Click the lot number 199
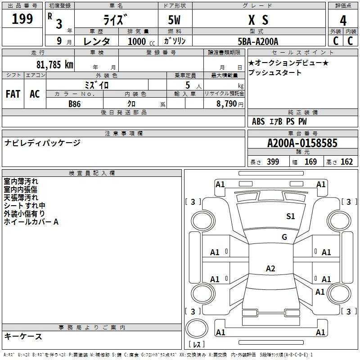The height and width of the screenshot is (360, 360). tap(22, 19)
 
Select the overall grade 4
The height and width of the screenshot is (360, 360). tap(343, 21)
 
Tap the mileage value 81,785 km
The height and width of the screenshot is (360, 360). tap(55, 65)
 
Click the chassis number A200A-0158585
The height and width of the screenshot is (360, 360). tap(302, 143)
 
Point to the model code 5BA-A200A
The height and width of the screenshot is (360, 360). tap(258, 41)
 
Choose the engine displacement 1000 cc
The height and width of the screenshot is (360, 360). tap(141, 41)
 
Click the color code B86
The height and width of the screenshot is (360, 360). tap(75, 104)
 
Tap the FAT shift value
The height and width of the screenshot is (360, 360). tap(13, 94)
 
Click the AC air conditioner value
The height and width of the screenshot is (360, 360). tap(35, 94)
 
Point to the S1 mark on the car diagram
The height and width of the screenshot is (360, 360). tap(290, 216)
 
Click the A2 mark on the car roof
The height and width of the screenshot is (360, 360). tap(270, 268)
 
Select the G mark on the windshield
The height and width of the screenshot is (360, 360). tap(284, 237)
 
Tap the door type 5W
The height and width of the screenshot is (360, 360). tap(174, 20)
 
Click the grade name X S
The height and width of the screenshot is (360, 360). tap(258, 20)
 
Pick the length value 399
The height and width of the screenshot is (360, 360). tap(273, 162)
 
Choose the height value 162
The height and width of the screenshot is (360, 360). tap(346, 162)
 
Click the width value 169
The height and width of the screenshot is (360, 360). tap(310, 162)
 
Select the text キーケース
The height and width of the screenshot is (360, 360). tap(23, 336)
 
